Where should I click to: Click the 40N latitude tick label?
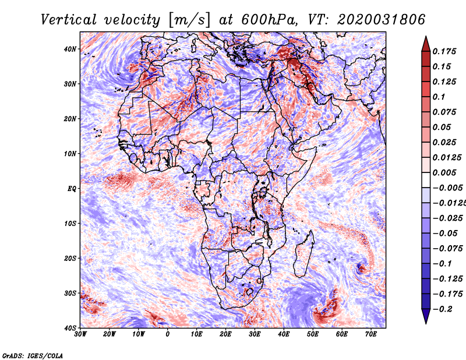(x=70, y=49)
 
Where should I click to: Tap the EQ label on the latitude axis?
(x=72, y=189)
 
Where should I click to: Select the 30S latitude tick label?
(x=70, y=294)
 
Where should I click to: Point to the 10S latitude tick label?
(x=70, y=224)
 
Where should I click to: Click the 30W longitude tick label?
(x=80, y=334)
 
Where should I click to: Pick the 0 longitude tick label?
(x=168, y=334)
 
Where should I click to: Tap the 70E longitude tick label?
(x=371, y=334)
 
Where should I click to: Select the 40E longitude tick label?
(x=284, y=334)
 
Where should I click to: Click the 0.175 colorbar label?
(x=444, y=51)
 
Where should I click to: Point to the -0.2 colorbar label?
(x=443, y=309)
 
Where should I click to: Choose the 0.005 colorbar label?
(x=444, y=172)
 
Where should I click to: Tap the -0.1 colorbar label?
(x=443, y=264)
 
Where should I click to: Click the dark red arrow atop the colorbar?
(x=426, y=45)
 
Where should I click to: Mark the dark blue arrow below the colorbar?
(x=426, y=316)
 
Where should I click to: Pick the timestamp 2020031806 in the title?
(x=382, y=20)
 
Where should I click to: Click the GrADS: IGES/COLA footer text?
(x=33, y=356)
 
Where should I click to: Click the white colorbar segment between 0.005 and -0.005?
(x=426, y=180)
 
